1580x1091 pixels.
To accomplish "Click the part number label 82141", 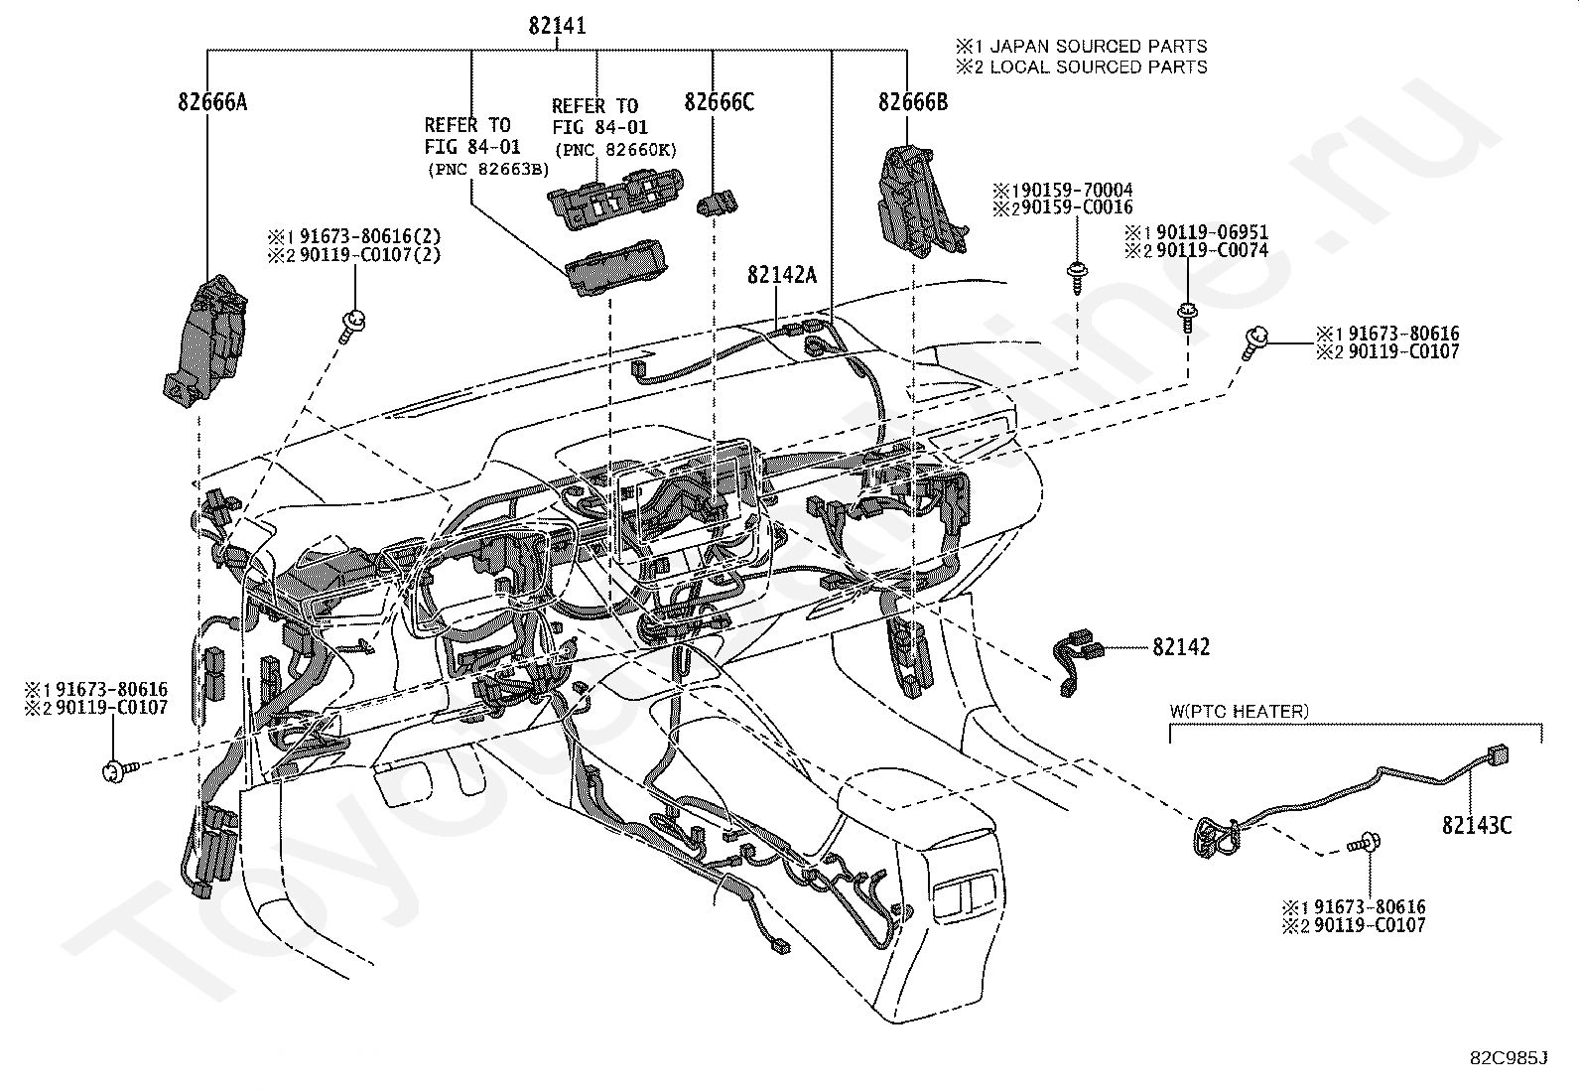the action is tap(557, 26).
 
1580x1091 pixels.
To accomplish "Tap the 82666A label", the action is tap(212, 102).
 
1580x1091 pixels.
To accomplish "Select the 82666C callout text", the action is tap(719, 102).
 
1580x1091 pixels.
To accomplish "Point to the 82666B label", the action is tap(913, 102).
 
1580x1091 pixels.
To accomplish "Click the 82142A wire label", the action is tap(781, 275).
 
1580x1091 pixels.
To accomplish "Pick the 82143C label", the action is tap(1477, 825).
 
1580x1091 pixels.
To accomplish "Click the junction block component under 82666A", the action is tap(205, 341).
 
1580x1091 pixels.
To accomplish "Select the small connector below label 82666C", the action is tap(717, 203).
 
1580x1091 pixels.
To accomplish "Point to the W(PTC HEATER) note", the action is tap(1239, 712).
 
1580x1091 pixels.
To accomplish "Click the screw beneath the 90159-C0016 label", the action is tap(1078, 277).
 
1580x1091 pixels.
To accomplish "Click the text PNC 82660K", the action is tap(615, 150).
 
